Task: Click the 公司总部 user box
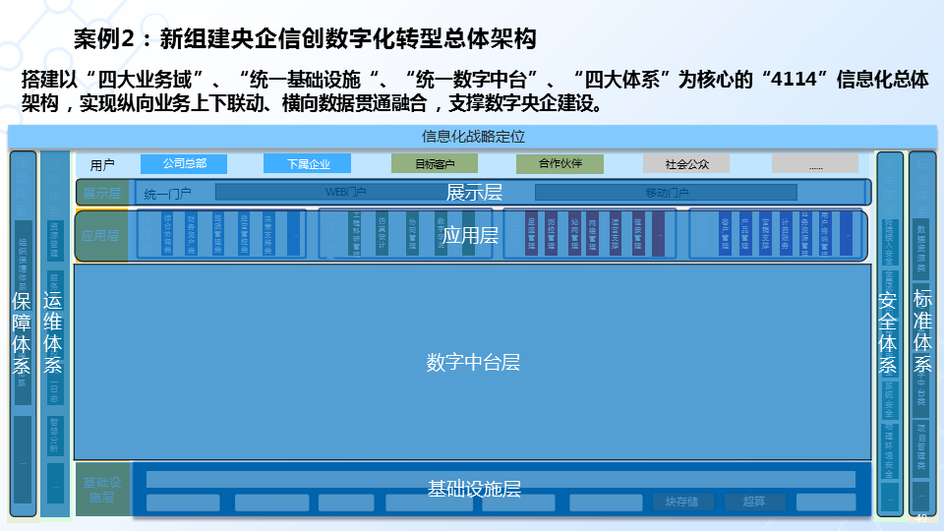click(x=184, y=164)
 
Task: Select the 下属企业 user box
click(x=308, y=164)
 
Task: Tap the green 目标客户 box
click(x=434, y=164)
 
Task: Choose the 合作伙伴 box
click(x=560, y=164)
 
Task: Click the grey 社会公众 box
click(x=686, y=164)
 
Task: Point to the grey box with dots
click(x=814, y=164)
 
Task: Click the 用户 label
click(x=102, y=165)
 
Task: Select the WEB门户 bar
click(x=346, y=193)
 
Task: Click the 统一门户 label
click(x=167, y=194)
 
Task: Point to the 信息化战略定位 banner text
click(x=473, y=136)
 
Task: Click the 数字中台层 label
click(x=473, y=362)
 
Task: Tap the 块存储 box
click(x=681, y=502)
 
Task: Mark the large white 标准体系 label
click(x=922, y=330)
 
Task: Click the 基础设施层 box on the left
click(x=101, y=490)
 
